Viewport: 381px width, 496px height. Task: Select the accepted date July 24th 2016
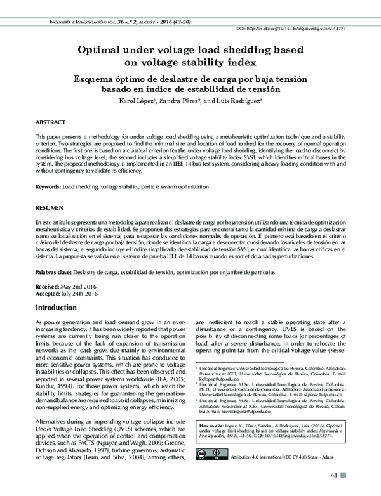click(x=81, y=294)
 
